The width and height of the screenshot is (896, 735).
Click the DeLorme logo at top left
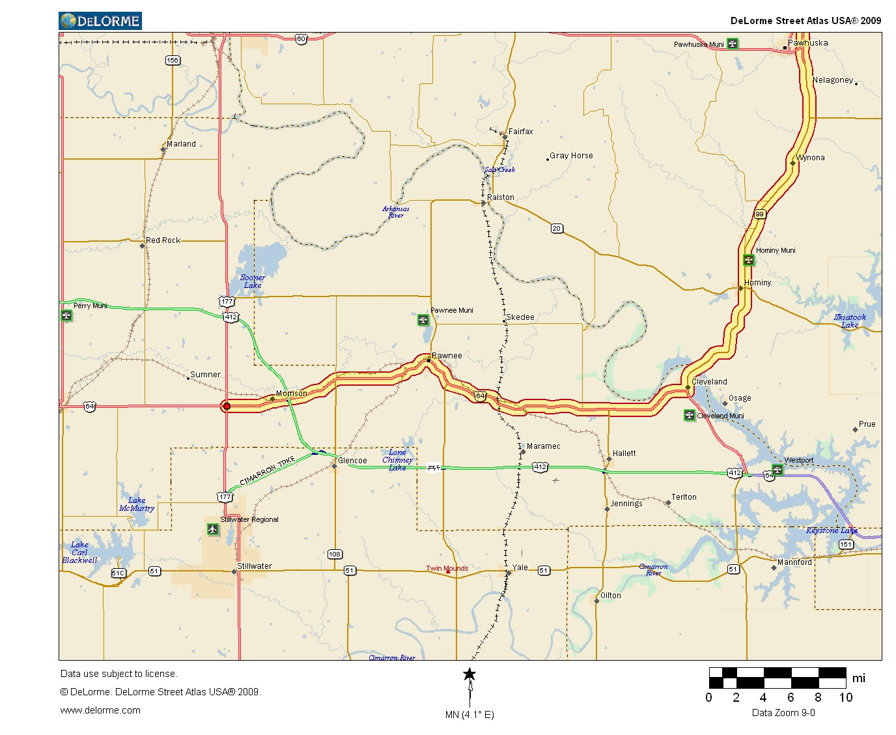tap(100, 21)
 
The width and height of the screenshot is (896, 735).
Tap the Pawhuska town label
tap(807, 43)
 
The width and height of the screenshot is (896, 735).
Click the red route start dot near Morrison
tap(227, 406)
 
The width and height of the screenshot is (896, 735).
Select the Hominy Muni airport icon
tap(749, 260)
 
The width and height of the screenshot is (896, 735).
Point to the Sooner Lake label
tap(252, 281)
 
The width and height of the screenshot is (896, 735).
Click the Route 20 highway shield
tap(557, 228)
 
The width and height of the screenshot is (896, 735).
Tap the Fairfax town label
tap(520, 132)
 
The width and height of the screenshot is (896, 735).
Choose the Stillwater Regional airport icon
tap(213, 529)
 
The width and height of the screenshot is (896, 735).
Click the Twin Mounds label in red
tap(447, 568)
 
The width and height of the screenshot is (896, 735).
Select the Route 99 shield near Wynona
tap(759, 214)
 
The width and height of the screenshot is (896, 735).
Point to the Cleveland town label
tap(709, 382)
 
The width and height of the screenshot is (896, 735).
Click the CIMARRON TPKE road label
tap(267, 471)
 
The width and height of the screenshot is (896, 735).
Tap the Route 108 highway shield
tap(335, 554)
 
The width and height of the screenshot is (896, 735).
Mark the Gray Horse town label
tap(571, 156)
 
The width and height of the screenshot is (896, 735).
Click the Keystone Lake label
tap(832, 530)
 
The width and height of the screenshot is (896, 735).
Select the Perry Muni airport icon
tap(66, 316)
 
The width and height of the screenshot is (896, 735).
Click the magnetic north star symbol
tap(469, 674)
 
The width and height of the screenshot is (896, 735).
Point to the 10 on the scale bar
tap(845, 697)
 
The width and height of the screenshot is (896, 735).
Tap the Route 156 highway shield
tap(172, 61)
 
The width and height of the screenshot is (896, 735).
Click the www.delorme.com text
tap(100, 710)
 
